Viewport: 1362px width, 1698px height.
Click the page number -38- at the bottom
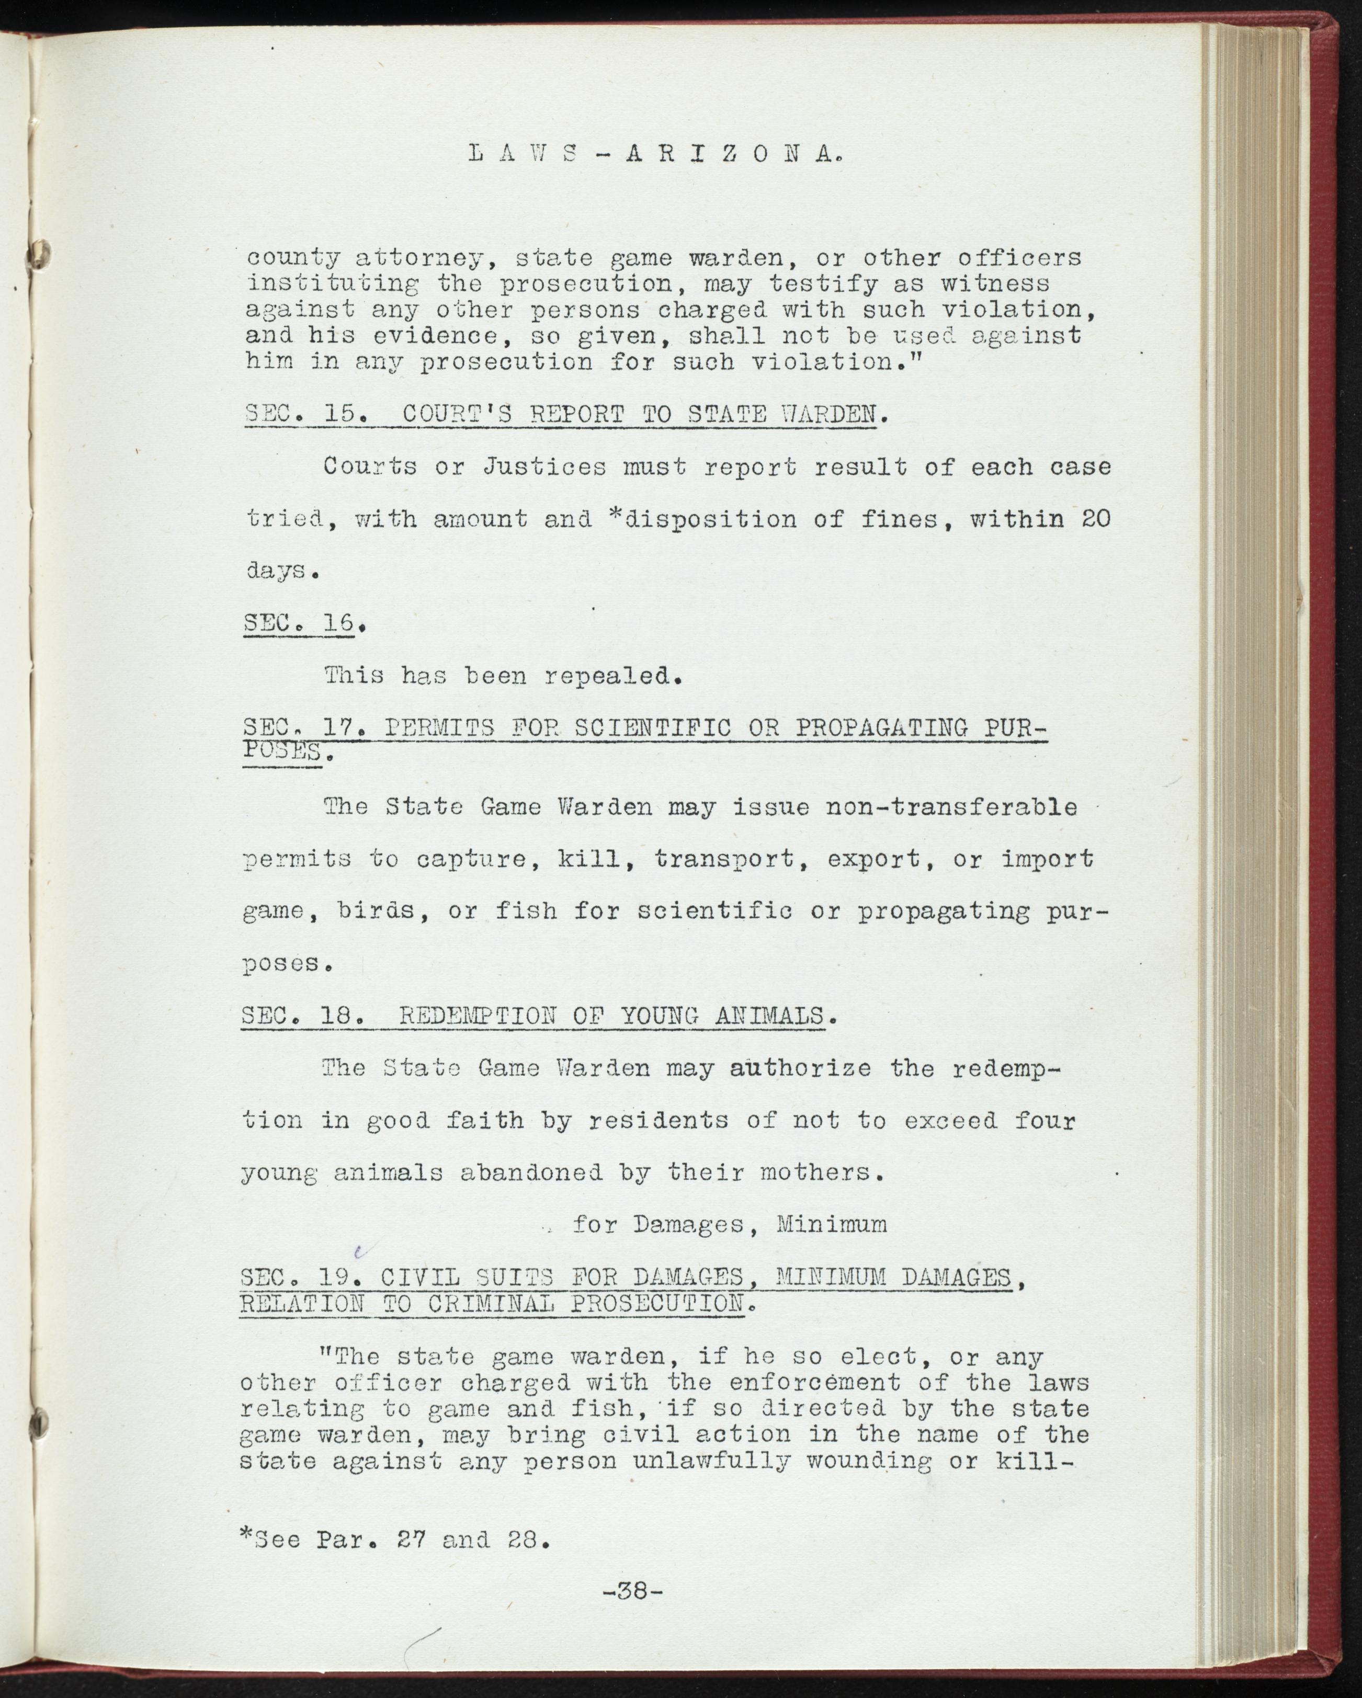[632, 1608]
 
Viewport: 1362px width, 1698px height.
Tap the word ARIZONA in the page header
[724, 155]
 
